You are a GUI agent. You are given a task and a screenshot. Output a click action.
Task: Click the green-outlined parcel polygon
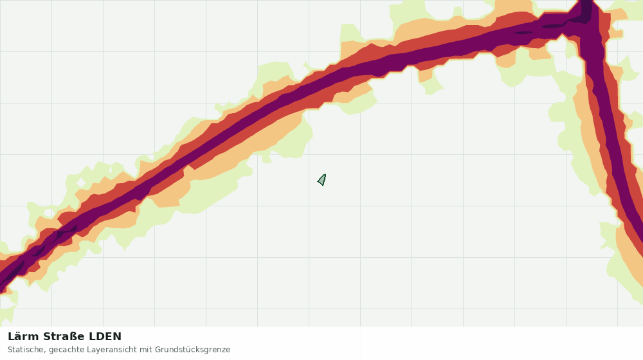coord(322,180)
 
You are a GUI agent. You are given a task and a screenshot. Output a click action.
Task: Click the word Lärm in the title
coord(24,337)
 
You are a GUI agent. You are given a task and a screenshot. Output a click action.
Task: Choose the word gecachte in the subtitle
coord(64,350)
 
